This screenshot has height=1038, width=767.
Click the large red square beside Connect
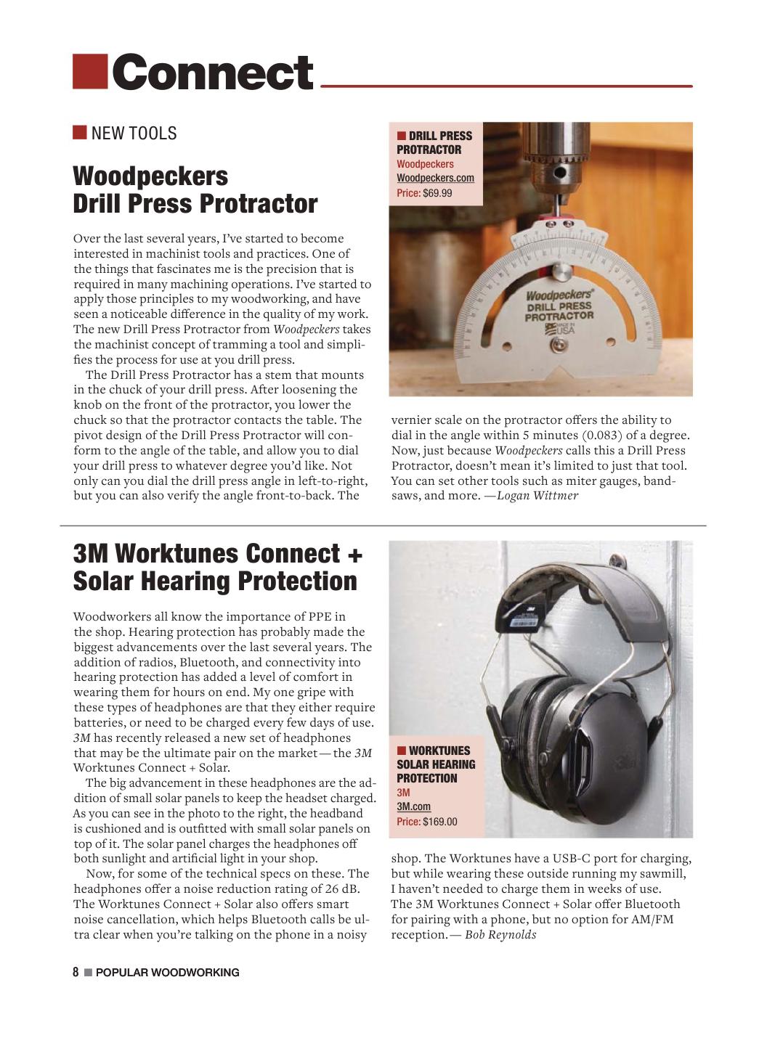[x=90, y=71]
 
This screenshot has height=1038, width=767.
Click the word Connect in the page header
[x=213, y=73]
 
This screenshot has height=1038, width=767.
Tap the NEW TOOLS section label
[x=134, y=134]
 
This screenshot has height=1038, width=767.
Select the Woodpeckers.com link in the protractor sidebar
[x=435, y=178]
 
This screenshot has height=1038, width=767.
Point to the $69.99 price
[x=437, y=193]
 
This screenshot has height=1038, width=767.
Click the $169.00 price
[x=439, y=822]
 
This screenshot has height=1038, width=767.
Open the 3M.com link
[x=413, y=806]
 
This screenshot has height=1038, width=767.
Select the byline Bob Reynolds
[x=500, y=934]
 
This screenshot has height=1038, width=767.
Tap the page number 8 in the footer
[x=76, y=973]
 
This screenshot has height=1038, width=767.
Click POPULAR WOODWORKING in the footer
[x=167, y=973]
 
